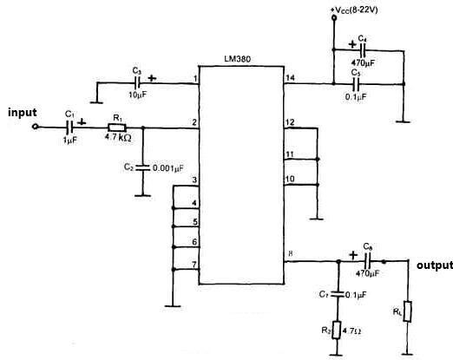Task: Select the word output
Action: (434, 265)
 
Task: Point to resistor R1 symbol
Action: (118, 128)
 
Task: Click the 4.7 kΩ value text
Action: (118, 138)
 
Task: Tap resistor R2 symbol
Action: (336, 331)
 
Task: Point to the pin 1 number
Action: (196, 79)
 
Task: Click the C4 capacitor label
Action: (362, 39)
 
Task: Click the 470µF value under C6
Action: (369, 274)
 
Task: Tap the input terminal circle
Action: (36, 128)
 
